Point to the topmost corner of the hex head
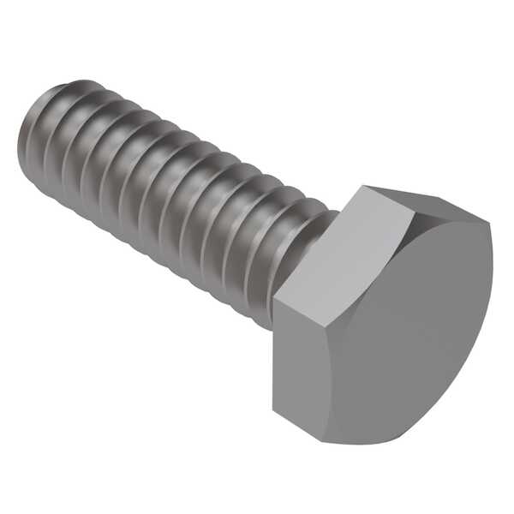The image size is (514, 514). pos(364,186)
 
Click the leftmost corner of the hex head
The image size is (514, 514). pos(274,300)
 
